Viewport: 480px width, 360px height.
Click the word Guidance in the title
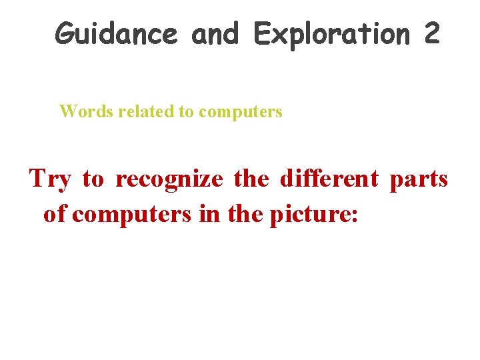[116, 33]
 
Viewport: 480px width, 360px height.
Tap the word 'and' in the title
[215, 33]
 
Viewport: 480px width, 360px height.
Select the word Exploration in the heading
[331, 33]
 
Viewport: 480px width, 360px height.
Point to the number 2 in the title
[431, 33]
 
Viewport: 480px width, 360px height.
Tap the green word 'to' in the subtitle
[186, 111]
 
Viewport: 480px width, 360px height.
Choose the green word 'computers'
[241, 111]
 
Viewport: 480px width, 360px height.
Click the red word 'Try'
[50, 179]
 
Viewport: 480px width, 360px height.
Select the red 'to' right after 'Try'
[93, 179]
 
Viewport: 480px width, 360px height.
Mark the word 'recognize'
[169, 179]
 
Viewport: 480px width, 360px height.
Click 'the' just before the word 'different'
[253, 179]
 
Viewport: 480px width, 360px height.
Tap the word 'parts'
[419, 179]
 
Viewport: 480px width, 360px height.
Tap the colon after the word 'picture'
[355, 216]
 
